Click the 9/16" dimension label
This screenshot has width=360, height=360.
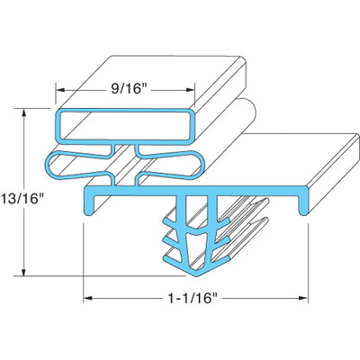[126, 89]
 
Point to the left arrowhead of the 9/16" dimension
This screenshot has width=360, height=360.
[61, 90]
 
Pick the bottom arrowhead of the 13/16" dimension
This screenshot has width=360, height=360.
[24, 273]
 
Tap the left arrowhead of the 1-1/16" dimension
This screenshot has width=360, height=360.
[87, 295]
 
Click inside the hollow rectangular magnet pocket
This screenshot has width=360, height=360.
[126, 127]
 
